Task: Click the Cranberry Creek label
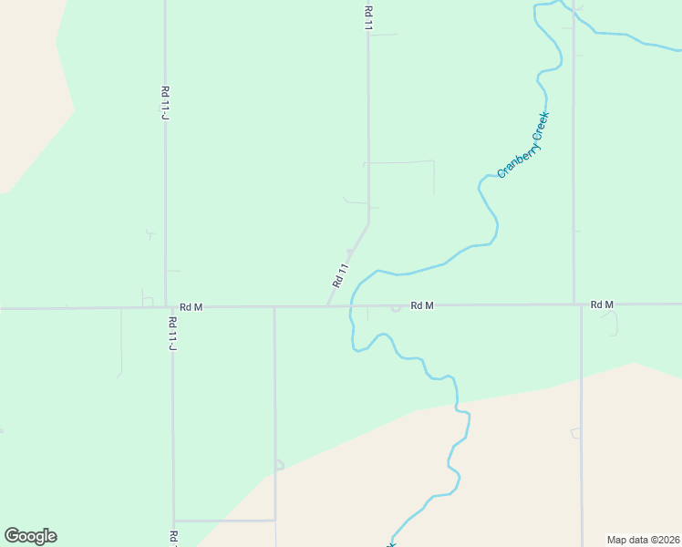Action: [524, 145]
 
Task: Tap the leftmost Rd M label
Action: [191, 307]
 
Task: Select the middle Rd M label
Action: [421, 305]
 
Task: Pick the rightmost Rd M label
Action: [602, 304]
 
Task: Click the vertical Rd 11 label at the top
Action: [368, 19]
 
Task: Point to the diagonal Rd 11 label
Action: [341, 275]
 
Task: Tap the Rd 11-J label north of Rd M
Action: [166, 102]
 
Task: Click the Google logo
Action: [30, 536]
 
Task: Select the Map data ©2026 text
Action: [643, 539]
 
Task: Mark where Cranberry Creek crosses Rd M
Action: [351, 305]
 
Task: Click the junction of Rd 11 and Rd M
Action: [328, 306]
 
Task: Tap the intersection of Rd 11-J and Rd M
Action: [166, 307]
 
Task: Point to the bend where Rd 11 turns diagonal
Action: [368, 223]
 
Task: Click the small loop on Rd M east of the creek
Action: [395, 308]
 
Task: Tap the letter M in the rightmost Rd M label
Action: [609, 304]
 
